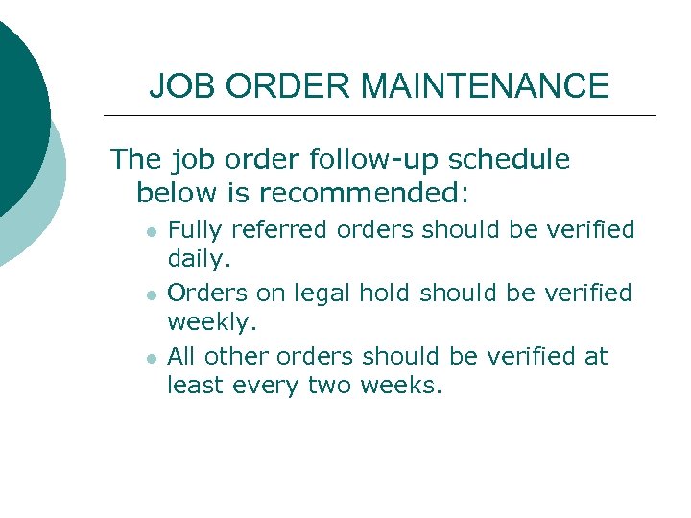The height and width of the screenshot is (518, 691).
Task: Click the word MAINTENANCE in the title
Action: coord(485,86)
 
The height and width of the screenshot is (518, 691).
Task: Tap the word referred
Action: coord(274,230)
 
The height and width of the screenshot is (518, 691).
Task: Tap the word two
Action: coord(330,386)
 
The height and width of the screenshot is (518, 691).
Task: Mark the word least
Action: coord(195,386)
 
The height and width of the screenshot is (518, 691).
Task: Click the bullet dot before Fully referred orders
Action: coord(151,232)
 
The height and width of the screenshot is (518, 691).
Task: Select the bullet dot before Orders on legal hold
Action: coord(151,294)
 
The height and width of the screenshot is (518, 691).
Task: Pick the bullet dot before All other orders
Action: coord(151,358)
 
